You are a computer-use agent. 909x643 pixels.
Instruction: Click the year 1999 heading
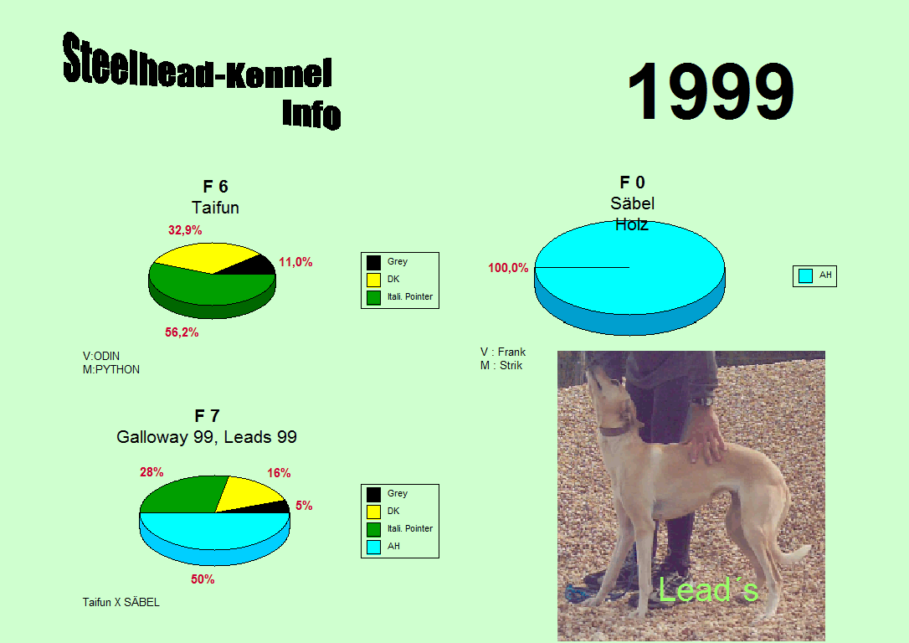[x=711, y=91]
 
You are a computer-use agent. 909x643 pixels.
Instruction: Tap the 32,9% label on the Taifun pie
[x=185, y=230]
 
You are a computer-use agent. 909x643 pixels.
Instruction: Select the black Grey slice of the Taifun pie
[x=250, y=266]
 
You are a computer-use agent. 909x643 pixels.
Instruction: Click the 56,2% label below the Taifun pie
[x=182, y=332]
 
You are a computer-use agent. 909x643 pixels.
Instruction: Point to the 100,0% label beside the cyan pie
[x=508, y=268]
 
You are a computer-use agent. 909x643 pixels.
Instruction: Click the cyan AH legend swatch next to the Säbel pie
[x=805, y=275]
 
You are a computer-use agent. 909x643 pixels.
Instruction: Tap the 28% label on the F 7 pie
[x=151, y=472]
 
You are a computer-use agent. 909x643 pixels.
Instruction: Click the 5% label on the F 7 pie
[x=304, y=506]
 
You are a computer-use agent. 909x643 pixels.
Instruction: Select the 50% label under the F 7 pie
[x=203, y=579]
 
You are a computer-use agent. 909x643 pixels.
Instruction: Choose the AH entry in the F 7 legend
[x=383, y=546]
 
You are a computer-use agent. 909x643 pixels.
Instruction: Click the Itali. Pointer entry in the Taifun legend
[x=400, y=297]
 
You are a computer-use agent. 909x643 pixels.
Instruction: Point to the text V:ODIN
[x=101, y=356]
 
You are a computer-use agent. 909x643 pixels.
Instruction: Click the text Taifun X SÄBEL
[x=121, y=603]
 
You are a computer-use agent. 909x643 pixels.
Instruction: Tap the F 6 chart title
[x=215, y=187]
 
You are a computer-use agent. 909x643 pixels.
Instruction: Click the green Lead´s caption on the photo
[x=708, y=590]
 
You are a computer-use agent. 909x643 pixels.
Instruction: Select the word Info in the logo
[x=311, y=114]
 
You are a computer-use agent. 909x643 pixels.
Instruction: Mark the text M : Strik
[x=501, y=365]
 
